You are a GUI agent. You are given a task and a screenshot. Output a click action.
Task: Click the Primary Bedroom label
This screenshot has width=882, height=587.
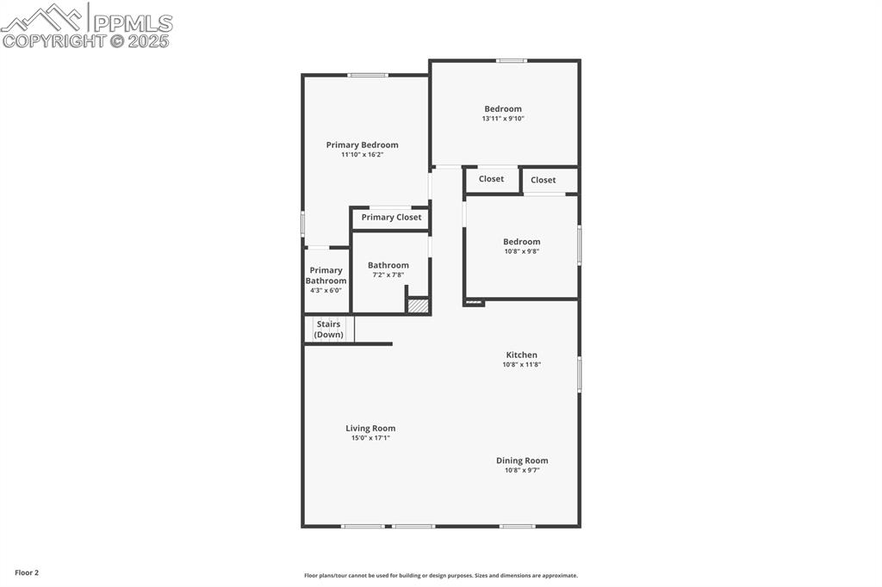(x=363, y=145)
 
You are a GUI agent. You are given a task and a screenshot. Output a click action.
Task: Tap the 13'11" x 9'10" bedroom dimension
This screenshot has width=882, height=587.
(x=503, y=119)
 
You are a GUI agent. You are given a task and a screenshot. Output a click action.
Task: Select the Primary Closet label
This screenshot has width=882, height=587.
(x=391, y=218)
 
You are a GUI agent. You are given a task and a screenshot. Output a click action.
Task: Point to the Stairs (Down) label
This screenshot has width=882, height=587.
(x=328, y=330)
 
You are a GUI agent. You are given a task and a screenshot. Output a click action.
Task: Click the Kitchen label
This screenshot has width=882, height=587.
(x=521, y=355)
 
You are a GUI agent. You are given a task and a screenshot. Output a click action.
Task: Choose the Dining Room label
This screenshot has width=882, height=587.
(x=522, y=460)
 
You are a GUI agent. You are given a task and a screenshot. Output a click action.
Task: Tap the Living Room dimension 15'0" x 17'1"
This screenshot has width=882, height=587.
(x=370, y=438)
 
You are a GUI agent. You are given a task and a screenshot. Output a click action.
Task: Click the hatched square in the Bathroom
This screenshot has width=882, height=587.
(x=418, y=306)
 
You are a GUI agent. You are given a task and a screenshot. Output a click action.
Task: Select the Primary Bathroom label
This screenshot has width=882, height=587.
(x=326, y=275)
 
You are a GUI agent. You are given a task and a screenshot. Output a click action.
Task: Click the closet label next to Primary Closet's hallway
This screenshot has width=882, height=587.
(x=491, y=179)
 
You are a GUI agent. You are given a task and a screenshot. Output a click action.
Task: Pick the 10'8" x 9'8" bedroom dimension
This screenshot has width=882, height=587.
(x=521, y=252)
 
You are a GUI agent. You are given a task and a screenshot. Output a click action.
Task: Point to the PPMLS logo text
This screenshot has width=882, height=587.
(x=133, y=23)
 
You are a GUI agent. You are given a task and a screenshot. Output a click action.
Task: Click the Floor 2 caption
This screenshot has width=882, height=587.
(x=27, y=573)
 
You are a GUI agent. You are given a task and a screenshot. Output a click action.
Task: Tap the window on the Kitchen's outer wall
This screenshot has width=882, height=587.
(x=579, y=374)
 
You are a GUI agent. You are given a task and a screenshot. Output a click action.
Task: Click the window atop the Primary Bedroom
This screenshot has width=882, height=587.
(x=368, y=76)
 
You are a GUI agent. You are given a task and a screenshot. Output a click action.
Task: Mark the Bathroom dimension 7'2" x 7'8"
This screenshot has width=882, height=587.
(x=388, y=275)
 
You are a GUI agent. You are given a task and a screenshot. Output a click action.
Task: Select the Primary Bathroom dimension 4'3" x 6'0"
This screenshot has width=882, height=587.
(x=326, y=291)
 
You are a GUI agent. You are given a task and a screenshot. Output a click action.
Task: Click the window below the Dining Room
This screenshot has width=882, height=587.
(x=518, y=526)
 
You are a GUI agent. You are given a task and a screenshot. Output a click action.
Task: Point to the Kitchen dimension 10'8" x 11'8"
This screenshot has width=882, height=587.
(x=521, y=365)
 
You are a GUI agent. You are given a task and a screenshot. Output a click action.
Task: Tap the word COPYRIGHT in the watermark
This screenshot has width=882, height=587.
(x=54, y=41)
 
